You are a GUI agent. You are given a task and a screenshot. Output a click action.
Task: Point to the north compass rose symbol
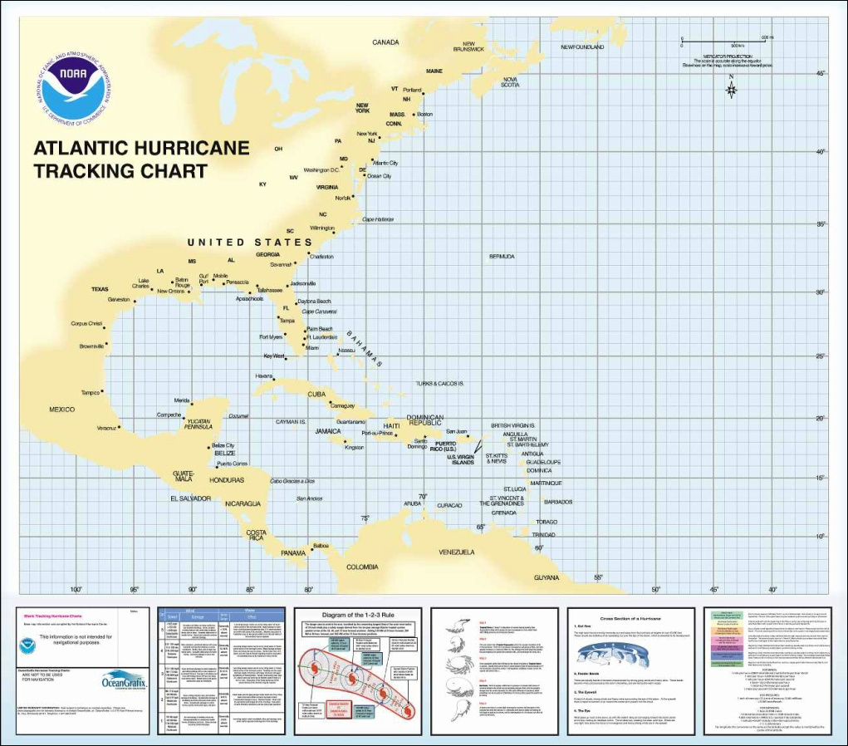[731, 88]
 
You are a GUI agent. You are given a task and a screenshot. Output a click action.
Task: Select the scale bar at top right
[726, 40]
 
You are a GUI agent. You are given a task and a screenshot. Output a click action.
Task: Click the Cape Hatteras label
[379, 219]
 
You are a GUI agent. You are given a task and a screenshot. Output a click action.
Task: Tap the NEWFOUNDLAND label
[582, 47]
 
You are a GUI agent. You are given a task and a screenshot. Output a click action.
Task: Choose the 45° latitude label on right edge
[821, 73]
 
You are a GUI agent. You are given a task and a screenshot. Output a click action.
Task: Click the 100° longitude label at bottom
[76, 590]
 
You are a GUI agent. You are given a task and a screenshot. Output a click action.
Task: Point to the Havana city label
[264, 376]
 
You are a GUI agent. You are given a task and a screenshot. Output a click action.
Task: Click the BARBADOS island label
[558, 502]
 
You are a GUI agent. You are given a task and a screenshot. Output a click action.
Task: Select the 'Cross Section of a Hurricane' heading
[629, 619]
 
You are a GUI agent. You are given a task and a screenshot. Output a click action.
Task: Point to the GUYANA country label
[547, 577]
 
